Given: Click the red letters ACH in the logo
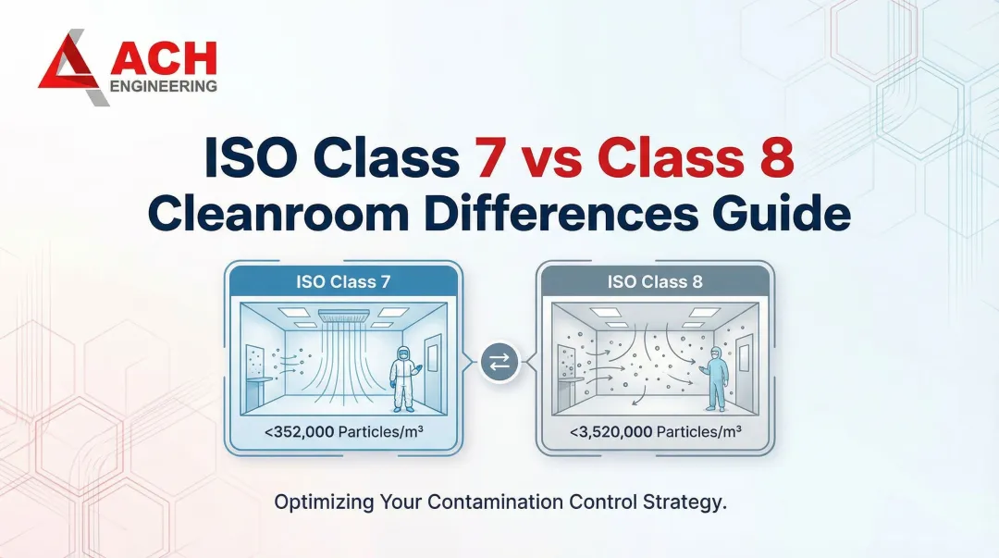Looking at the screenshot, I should pyautogui.click(x=164, y=58).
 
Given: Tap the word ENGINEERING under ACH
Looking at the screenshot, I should pyautogui.click(x=164, y=86).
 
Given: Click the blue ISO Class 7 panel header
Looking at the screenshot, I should pyautogui.click(x=344, y=281).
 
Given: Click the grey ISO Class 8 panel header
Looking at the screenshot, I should pyautogui.click(x=655, y=281).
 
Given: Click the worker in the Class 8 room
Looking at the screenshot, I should pyautogui.click(x=716, y=378).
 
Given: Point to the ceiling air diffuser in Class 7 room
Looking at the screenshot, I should pyautogui.click(x=343, y=316).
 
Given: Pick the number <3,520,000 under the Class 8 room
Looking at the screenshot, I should pyautogui.click(x=610, y=433).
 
